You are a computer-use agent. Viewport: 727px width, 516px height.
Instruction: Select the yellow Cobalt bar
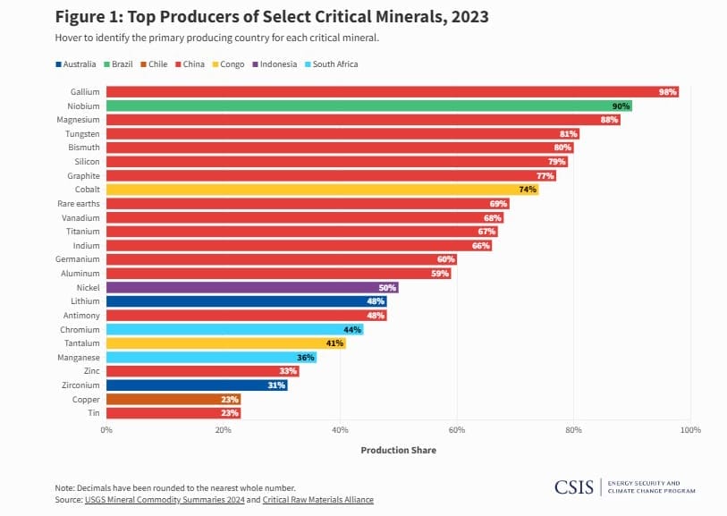322,190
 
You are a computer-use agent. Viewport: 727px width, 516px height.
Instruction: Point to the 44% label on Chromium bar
352,329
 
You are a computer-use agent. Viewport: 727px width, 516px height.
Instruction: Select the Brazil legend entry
118,64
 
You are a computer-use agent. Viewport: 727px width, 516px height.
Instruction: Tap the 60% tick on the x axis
457,430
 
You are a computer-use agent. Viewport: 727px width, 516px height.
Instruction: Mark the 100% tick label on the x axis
689,430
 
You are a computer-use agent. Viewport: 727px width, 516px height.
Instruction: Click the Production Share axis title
398,450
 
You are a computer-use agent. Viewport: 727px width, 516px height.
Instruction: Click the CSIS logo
573,487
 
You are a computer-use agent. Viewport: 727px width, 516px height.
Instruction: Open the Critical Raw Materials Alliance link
318,499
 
